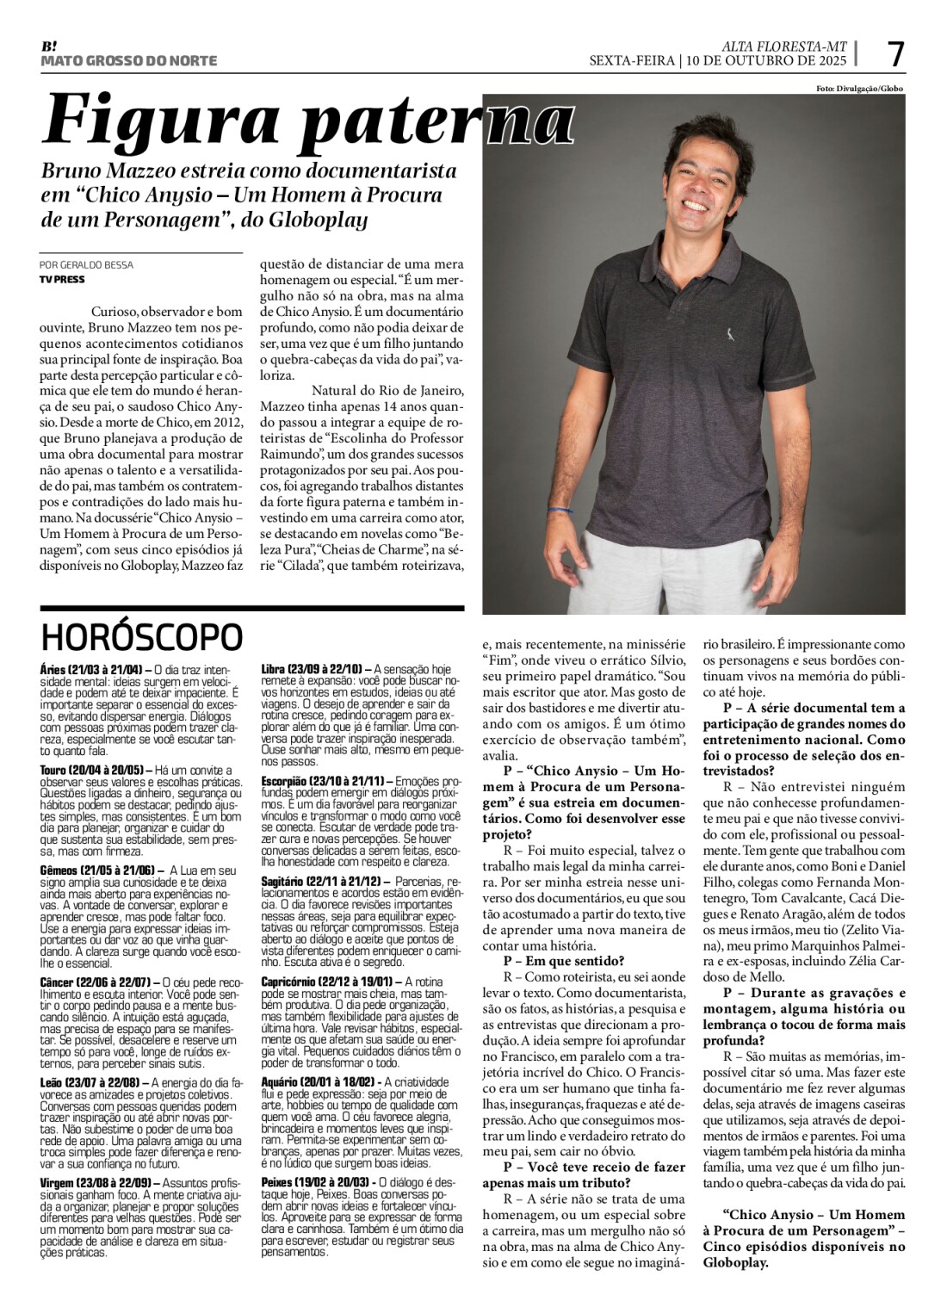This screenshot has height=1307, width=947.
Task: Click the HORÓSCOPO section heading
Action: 142,638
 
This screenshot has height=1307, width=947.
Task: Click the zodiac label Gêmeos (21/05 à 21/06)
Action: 97,870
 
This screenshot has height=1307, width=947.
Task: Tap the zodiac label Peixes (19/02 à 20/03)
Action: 315,1181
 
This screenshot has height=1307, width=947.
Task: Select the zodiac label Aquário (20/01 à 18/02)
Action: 318,1082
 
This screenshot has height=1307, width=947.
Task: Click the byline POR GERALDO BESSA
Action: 86,264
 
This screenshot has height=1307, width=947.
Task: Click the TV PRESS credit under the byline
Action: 62,279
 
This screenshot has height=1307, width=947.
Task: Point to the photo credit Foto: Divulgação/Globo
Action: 859,89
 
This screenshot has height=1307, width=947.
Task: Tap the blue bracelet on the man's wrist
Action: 561,511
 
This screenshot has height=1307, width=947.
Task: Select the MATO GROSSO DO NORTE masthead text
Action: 129,61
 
